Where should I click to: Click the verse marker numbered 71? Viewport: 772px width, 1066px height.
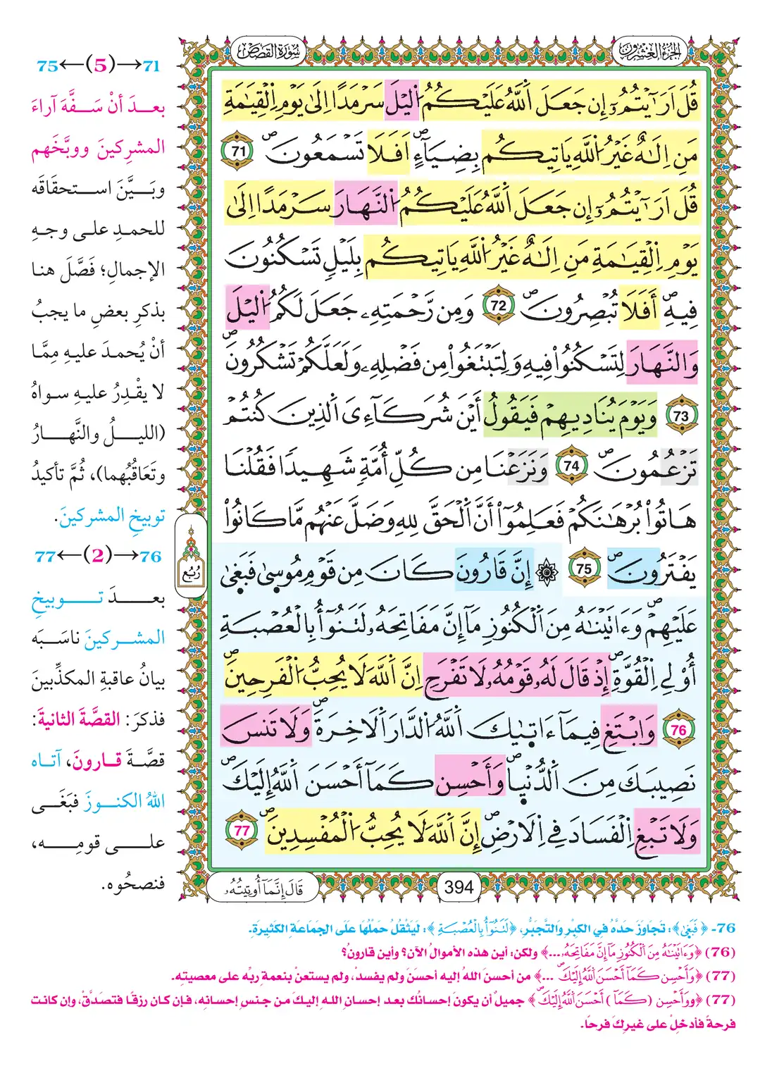click(x=239, y=151)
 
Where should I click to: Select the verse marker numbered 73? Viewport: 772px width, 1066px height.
click(x=680, y=416)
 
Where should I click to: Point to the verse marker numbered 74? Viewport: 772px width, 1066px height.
click(x=571, y=466)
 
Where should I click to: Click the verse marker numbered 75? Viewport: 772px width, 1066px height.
click(x=584, y=569)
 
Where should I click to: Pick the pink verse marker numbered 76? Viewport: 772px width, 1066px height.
click(x=678, y=731)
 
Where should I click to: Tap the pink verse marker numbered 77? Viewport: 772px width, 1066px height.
click(x=242, y=831)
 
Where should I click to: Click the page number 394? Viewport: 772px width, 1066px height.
click(x=459, y=887)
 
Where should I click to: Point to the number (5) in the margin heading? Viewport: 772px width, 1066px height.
click(x=100, y=66)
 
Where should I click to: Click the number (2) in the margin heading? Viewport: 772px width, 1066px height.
click(x=98, y=556)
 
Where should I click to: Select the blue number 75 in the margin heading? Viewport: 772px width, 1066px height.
click(x=47, y=66)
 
